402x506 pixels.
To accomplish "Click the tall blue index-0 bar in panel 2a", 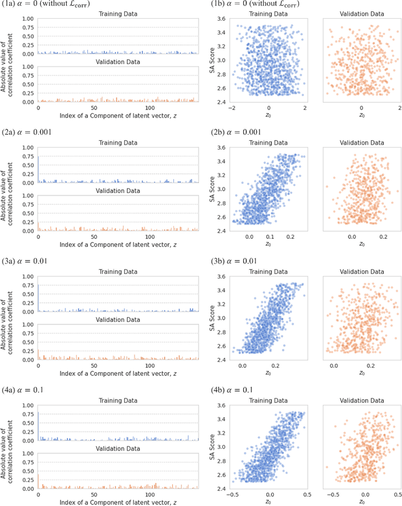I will [x=39, y=170].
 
